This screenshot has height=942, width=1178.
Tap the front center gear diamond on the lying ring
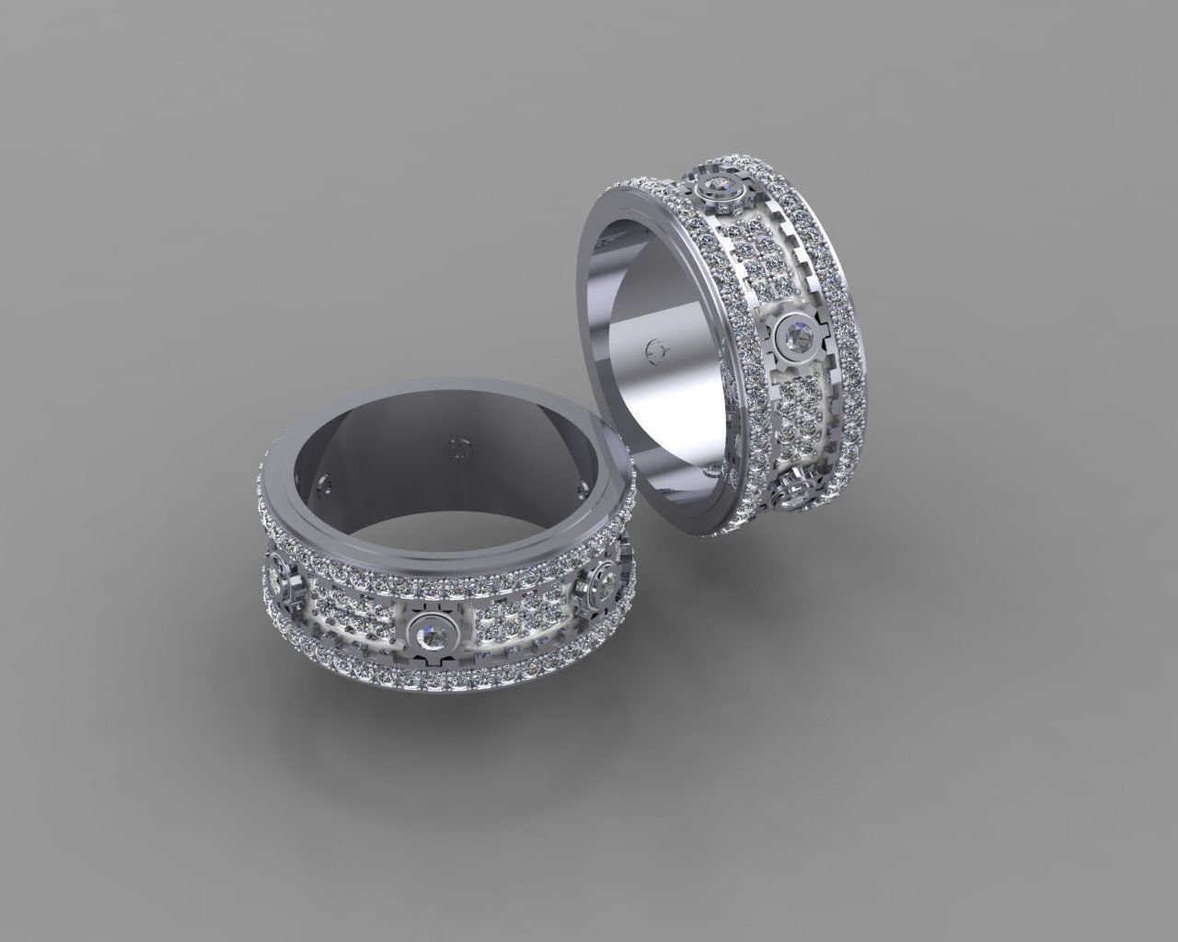point(428,632)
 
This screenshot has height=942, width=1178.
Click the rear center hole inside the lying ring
point(458,449)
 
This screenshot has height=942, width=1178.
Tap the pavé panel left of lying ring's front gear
point(354,616)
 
